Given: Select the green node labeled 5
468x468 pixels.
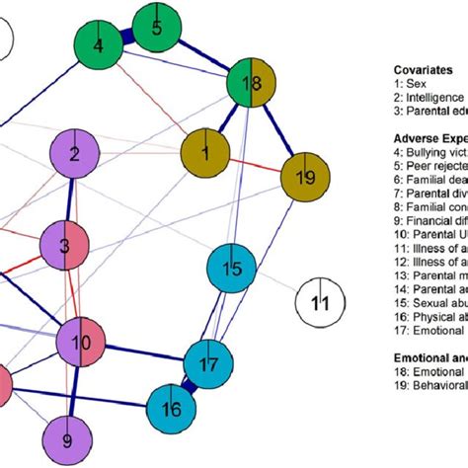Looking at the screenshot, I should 157,28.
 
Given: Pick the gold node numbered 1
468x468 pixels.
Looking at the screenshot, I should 205,151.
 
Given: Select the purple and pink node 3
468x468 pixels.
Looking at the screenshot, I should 64,244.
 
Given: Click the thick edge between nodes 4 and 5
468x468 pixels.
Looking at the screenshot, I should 127,37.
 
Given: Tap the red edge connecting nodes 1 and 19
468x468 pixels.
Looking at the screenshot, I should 256,165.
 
